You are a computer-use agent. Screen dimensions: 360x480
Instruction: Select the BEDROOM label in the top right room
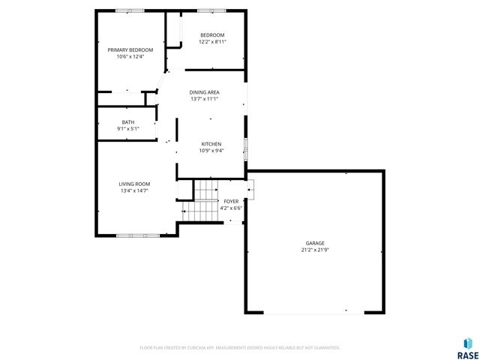212,35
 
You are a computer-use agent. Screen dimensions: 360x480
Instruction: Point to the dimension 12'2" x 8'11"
212,42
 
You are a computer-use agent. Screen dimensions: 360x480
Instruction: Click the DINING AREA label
204,91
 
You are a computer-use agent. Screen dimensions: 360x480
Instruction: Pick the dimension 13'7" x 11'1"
204,98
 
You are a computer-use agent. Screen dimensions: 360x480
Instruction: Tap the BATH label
128,122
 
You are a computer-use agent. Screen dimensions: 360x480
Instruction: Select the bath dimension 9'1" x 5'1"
128,129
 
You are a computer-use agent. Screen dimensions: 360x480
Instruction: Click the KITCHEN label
211,144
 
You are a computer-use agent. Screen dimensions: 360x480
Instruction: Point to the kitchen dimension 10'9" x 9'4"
211,151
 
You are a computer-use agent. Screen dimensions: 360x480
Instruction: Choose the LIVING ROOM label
134,184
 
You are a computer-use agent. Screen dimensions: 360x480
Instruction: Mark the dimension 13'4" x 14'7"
134,190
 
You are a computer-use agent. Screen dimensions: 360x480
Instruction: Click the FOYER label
232,201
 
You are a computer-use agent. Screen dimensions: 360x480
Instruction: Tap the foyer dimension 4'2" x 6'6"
232,208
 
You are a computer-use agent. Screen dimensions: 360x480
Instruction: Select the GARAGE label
315,243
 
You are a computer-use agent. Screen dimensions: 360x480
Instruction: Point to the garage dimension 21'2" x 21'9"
315,250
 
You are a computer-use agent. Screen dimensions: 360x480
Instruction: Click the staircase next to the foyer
203,200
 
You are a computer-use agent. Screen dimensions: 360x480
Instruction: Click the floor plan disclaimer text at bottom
240,348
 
